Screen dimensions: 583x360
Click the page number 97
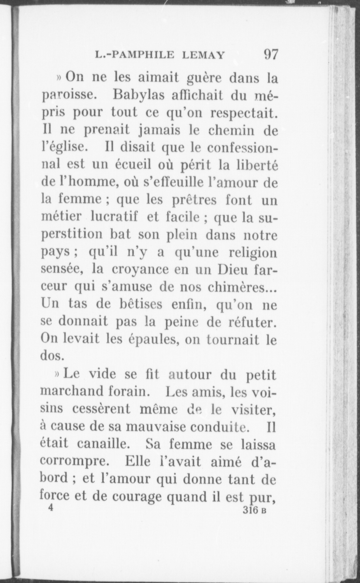[x=270, y=54]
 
